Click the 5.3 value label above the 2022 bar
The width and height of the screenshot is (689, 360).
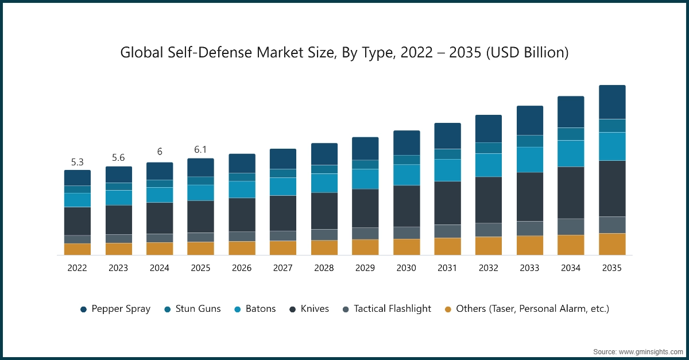pyautogui.click(x=78, y=162)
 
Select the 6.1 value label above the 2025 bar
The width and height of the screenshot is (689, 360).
pyautogui.click(x=200, y=150)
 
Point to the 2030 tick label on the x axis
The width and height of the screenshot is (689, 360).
pyautogui.click(x=406, y=268)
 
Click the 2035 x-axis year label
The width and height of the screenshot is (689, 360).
pyautogui.click(x=612, y=268)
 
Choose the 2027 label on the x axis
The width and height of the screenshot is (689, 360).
pyautogui.click(x=282, y=268)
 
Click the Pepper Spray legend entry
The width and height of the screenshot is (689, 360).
pyautogui.click(x=115, y=309)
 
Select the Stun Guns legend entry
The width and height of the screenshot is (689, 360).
pyautogui.click(x=192, y=309)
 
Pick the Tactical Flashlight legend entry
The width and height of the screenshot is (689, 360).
pyautogui.click(x=386, y=309)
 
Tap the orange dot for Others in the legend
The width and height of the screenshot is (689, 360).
pyautogui.click(x=448, y=309)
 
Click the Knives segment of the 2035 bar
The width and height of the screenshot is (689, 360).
pyautogui.click(x=612, y=188)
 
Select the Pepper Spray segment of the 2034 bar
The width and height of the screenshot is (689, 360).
pyautogui.click(x=571, y=112)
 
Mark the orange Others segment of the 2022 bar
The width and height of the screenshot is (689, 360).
pyautogui.click(x=78, y=249)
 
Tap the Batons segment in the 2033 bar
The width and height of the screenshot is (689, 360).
pyautogui.click(x=530, y=160)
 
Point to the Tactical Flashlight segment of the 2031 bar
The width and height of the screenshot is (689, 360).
pyautogui.click(x=447, y=231)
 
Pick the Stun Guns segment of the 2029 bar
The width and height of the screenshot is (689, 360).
pyautogui.click(x=365, y=164)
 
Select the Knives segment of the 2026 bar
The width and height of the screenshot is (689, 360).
pyautogui.click(x=242, y=215)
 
